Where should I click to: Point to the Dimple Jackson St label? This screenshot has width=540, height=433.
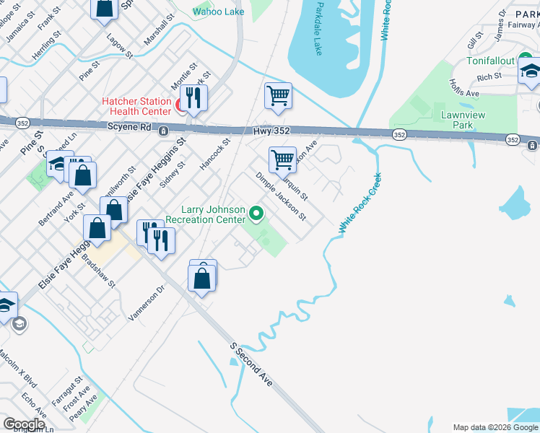[281, 196]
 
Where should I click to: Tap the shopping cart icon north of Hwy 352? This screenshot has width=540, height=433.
[278, 95]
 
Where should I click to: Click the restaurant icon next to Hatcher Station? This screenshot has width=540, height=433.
[193, 98]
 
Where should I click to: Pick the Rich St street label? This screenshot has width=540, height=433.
[489, 76]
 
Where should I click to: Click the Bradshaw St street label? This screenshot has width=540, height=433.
[98, 270]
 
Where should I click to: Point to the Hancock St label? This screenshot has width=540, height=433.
[214, 154]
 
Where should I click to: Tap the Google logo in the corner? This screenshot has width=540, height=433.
[24, 424]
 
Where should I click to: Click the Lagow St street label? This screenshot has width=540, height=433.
[120, 45]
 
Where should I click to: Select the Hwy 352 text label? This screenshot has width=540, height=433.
[271, 131]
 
